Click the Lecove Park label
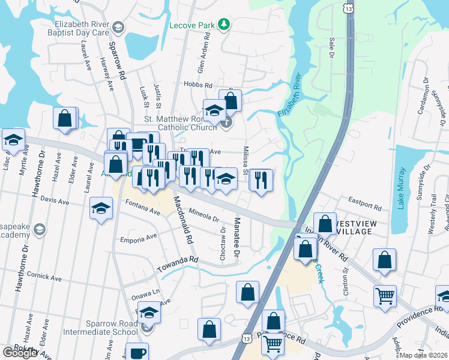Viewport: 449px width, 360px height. (x=192, y=25)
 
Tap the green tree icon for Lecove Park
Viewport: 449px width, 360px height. (x=224, y=24)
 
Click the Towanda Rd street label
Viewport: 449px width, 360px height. (x=178, y=259)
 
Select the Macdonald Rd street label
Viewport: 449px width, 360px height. (x=182, y=219)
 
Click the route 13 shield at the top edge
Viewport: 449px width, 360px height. (x=348, y=7)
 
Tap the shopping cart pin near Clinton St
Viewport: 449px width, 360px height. (x=385, y=295)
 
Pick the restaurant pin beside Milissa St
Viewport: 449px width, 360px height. (x=261, y=179)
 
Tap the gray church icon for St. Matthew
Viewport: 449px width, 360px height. (x=226, y=124)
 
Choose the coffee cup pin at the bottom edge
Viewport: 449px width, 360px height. (x=137, y=352)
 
